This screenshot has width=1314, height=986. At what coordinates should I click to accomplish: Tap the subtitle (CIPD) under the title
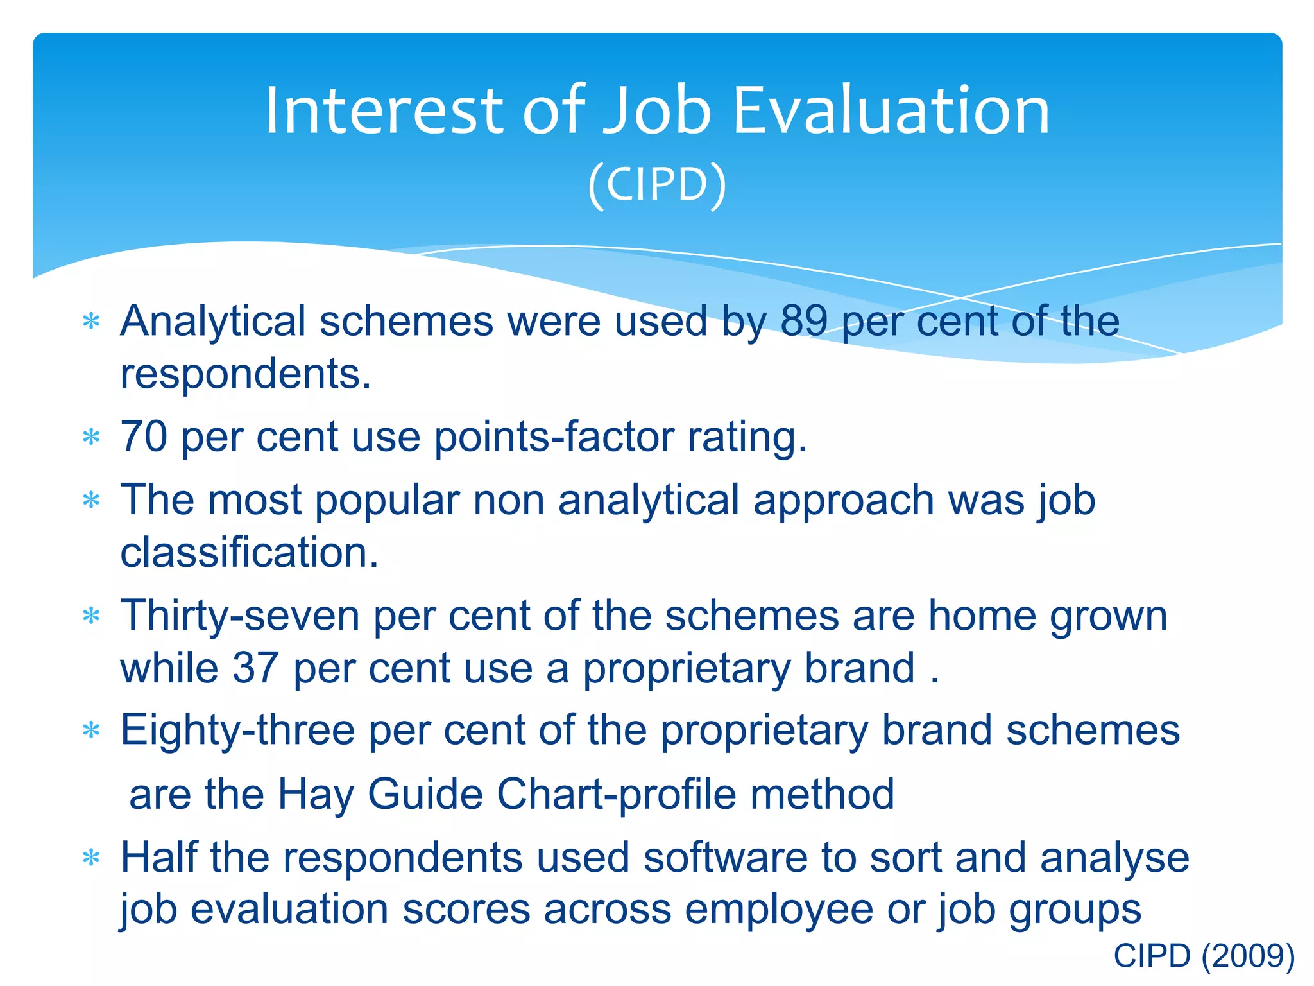click(657, 184)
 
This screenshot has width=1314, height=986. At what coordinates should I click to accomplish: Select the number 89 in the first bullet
click(803, 320)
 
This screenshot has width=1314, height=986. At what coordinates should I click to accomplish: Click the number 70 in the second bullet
click(144, 437)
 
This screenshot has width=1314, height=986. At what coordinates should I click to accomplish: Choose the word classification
click(250, 553)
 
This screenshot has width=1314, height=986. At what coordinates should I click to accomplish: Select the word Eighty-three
click(237, 731)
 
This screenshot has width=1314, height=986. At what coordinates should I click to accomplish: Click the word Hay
click(315, 795)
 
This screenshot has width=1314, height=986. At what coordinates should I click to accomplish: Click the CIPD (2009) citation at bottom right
click(1204, 956)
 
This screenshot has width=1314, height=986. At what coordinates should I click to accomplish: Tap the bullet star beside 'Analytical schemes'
click(92, 321)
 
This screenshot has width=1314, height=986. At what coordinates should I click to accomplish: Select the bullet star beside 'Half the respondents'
click(92, 858)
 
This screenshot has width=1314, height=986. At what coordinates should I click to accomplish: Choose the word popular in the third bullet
click(388, 500)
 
